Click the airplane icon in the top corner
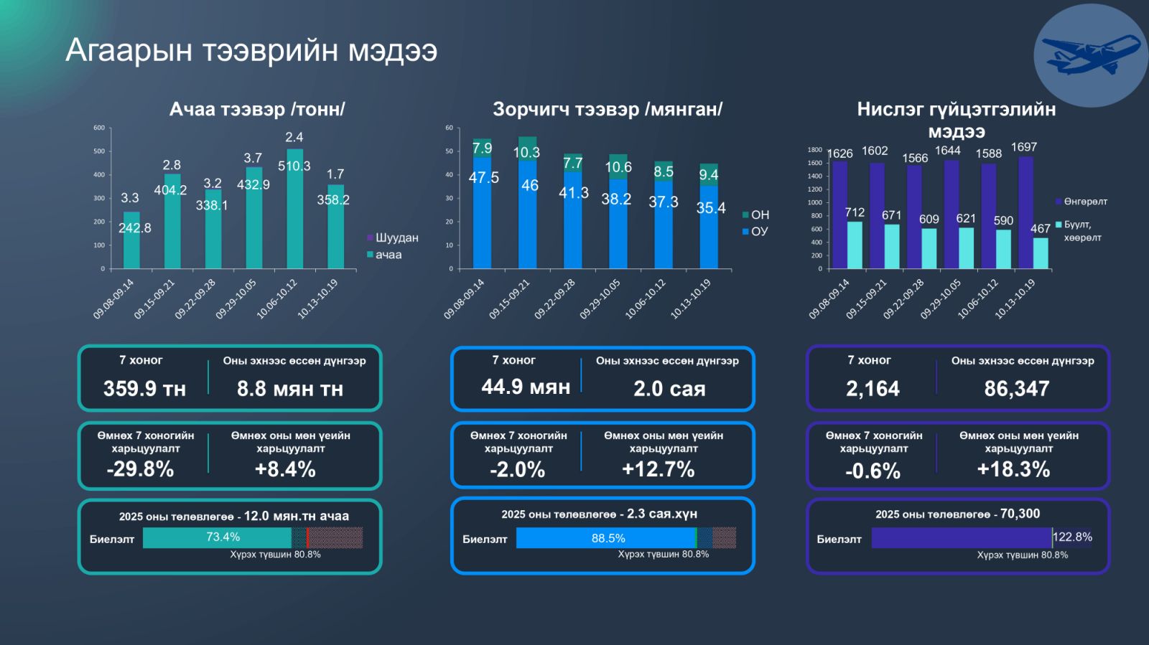[x=1090, y=55]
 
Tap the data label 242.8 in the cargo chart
[x=135, y=228]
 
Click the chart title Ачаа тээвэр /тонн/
[x=257, y=109]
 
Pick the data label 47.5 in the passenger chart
[x=483, y=177]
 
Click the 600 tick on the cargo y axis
[x=99, y=128]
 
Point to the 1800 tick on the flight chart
[x=814, y=150]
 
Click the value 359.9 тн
[x=144, y=389]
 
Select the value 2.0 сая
[x=669, y=389]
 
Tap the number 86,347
[x=1017, y=389]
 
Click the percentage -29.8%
[x=140, y=469]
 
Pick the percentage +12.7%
[x=658, y=469]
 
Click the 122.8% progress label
[x=1072, y=537]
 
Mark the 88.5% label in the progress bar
[x=608, y=538]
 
